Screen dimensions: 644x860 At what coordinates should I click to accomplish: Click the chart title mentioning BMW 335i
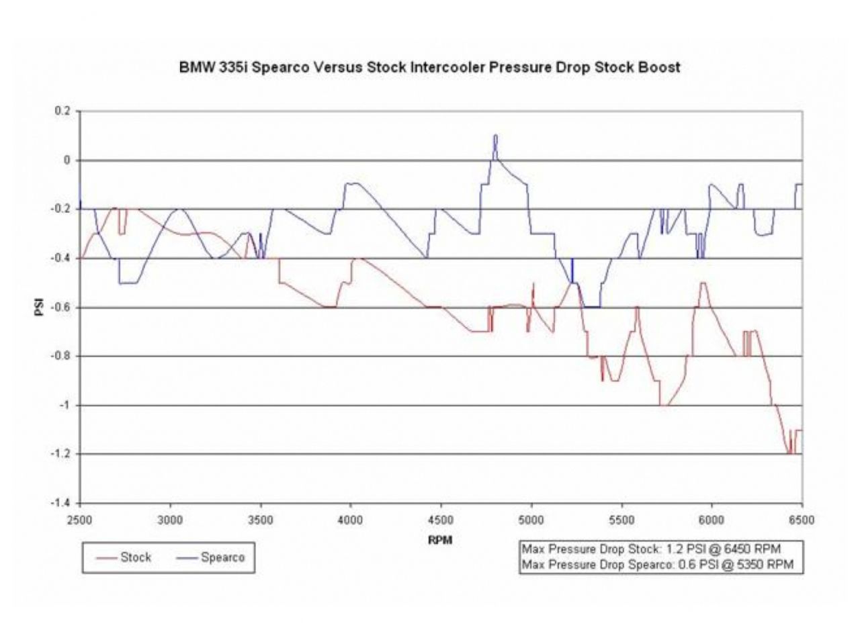[429, 67]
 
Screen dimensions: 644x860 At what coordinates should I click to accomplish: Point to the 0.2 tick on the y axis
[62, 111]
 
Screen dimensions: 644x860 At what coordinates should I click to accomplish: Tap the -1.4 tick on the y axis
[61, 503]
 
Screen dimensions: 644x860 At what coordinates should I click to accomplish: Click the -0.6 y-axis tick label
[61, 308]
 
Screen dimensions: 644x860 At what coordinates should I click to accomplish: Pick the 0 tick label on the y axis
[67, 160]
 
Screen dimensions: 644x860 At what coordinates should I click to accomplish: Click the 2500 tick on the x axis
[80, 520]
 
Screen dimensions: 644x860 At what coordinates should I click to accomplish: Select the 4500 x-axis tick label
[441, 520]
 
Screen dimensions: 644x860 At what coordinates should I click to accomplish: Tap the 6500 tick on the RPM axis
[802, 520]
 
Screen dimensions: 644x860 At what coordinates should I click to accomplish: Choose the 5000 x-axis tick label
[531, 520]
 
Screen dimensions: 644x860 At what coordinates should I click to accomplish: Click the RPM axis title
[440, 540]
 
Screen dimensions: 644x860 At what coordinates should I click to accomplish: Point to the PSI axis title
[39, 308]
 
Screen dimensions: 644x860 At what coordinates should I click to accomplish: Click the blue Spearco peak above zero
[495, 136]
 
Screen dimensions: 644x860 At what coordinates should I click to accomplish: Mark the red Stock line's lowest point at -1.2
[789, 453]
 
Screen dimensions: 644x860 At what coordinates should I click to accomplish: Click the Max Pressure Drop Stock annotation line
[651, 549]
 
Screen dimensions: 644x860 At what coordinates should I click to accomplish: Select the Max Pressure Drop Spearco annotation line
[657, 565]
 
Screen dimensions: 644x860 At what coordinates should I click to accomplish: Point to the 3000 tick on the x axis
[170, 520]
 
